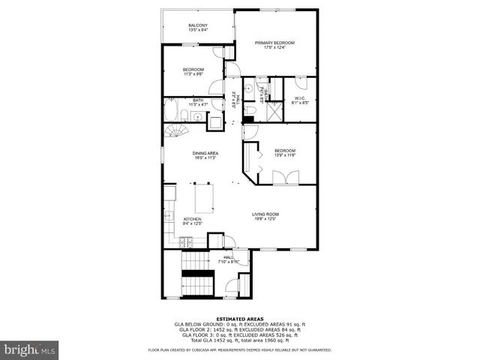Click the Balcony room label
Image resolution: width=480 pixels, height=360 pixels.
(197, 26)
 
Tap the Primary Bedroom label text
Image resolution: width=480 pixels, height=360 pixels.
(274, 43)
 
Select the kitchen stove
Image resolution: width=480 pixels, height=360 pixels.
(185, 241)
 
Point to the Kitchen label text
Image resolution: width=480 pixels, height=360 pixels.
(193, 219)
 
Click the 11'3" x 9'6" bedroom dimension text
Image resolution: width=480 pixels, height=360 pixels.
(193, 74)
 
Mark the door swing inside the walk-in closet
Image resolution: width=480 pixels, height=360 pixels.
(301, 82)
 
